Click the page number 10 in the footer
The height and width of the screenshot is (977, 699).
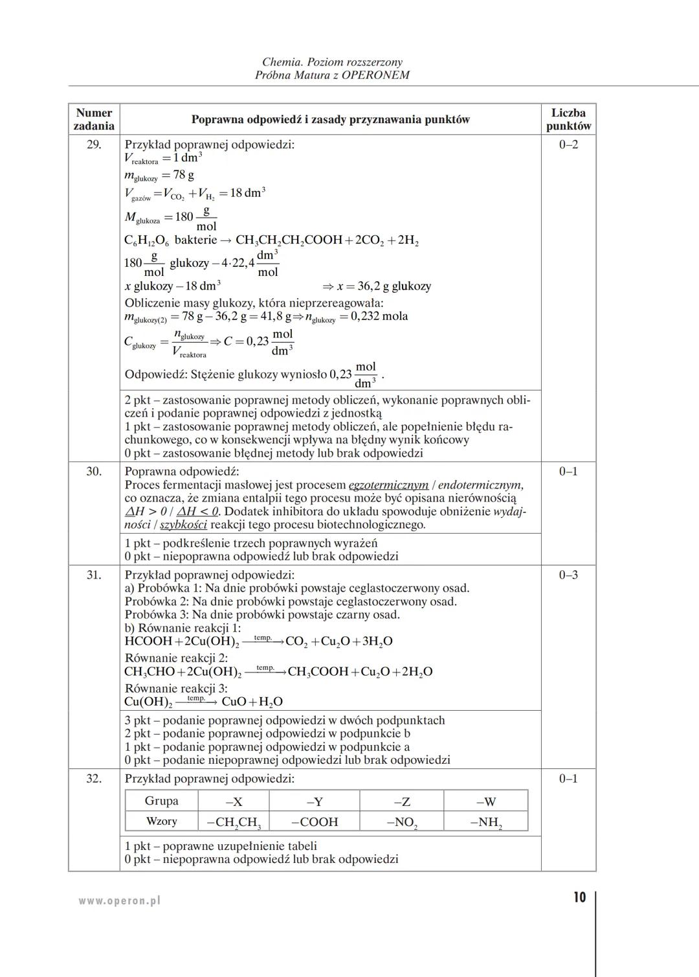tap(579, 897)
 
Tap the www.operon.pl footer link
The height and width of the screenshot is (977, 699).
tap(120, 900)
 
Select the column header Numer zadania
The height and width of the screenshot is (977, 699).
tap(94, 119)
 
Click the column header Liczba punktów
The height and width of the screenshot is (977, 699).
tap(568, 119)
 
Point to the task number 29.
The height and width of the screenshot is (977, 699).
tap(94, 144)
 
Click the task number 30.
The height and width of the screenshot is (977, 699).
tap(94, 472)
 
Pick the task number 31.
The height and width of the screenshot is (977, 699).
tap(94, 575)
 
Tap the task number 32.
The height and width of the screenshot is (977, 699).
tap(94, 779)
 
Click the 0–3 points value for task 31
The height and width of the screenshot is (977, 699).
tap(568, 575)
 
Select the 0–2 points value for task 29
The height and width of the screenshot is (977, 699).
tap(568, 144)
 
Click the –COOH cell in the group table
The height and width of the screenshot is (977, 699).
tap(315, 822)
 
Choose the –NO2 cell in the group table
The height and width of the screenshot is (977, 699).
tap(402, 822)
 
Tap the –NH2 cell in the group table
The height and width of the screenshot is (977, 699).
tap(486, 822)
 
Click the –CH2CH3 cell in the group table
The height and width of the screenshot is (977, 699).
tap(234, 822)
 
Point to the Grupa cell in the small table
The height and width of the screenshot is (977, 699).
tap(161, 801)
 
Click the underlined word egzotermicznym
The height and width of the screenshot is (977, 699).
tap(388, 485)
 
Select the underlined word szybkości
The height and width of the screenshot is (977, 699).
tap(183, 525)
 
